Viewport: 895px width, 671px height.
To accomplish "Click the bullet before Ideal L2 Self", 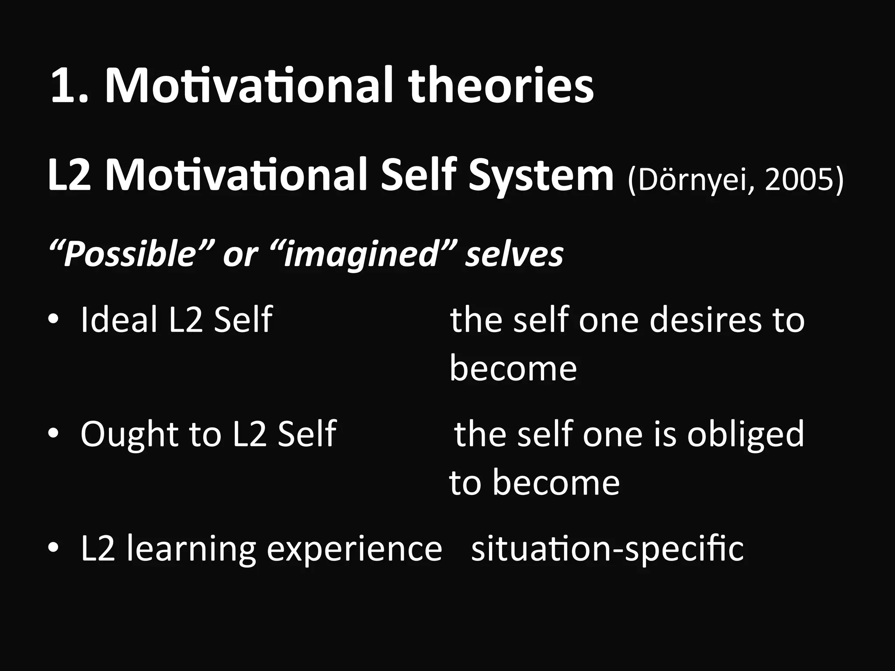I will coord(53,320).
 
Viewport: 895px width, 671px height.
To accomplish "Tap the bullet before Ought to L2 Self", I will coord(53,434).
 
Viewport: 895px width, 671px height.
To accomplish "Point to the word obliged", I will coord(745,435).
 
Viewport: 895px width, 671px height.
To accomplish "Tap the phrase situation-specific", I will coord(607,549).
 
